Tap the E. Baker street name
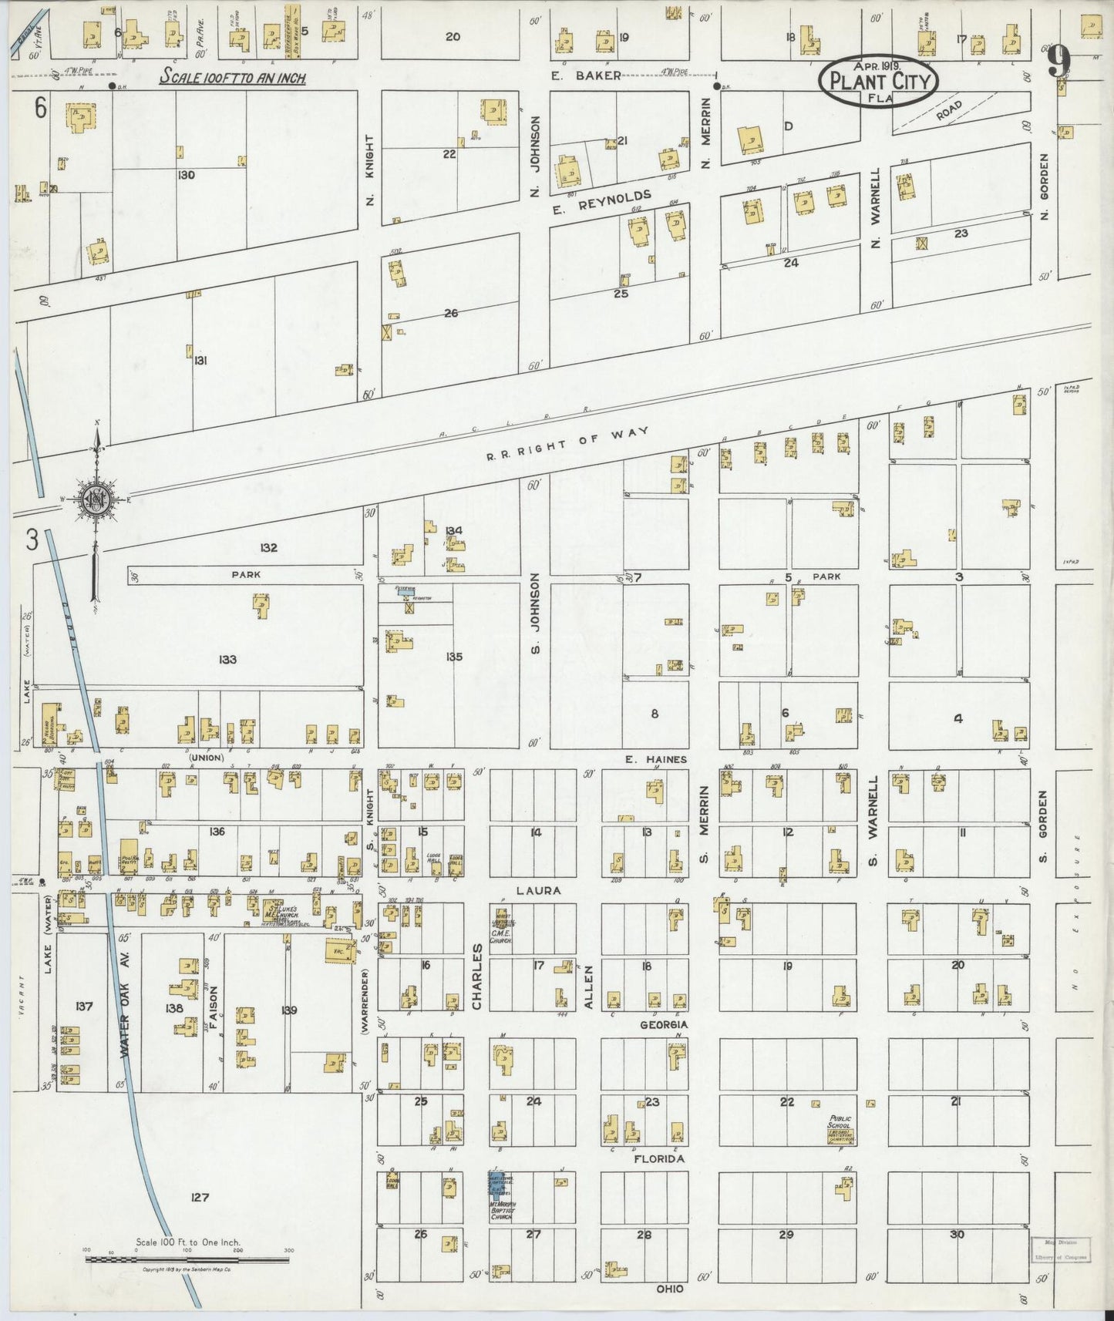[x=586, y=76]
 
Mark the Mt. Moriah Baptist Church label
[x=502, y=1211]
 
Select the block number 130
[x=186, y=175]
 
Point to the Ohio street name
[x=670, y=1289]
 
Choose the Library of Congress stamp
[x=1061, y=1249]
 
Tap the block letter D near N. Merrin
[x=789, y=126]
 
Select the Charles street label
[x=476, y=976]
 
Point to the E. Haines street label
[x=655, y=759]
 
